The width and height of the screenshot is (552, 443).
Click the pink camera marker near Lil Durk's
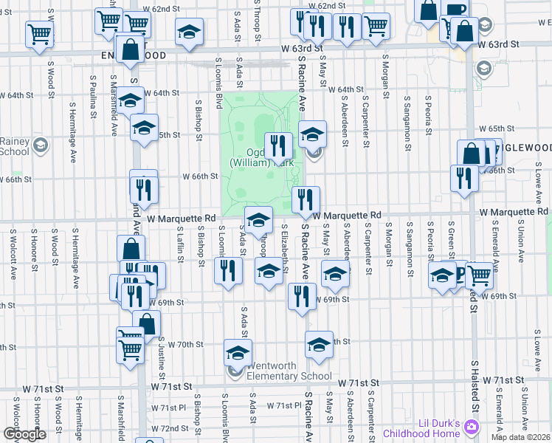click(472, 427)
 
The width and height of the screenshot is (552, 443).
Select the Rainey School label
click(15, 147)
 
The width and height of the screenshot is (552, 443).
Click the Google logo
click(24, 434)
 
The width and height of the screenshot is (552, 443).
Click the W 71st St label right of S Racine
click(358, 382)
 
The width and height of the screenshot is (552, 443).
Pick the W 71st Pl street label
click(280, 406)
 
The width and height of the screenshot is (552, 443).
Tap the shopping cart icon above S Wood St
click(39, 33)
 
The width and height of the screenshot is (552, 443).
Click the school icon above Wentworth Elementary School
click(238, 352)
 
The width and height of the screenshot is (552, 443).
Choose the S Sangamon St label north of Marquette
click(408, 134)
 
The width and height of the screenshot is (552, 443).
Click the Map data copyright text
click(521, 437)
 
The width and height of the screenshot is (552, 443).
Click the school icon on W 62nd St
click(190, 32)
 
